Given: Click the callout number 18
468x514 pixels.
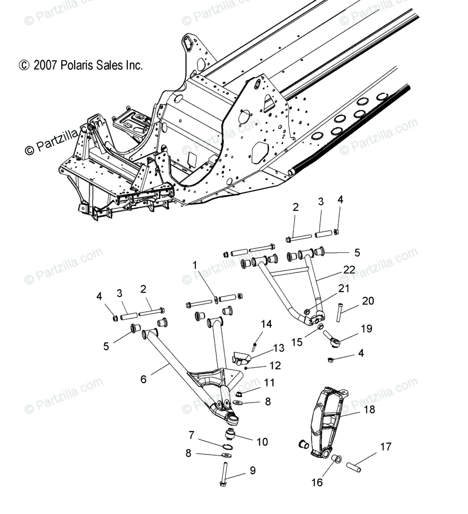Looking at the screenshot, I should pos(369,410).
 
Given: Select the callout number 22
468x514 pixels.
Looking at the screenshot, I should pos(349,270).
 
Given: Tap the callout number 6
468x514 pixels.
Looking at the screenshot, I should pos(143,379).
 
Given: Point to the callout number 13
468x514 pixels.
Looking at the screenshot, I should pos(279,348).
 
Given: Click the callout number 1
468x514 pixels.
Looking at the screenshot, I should pos(195,265).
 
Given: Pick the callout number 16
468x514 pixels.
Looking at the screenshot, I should pos(317,482).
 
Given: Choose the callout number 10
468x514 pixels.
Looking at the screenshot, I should pos(262,442).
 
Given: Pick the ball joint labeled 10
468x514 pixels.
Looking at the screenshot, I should pos(230,434).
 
